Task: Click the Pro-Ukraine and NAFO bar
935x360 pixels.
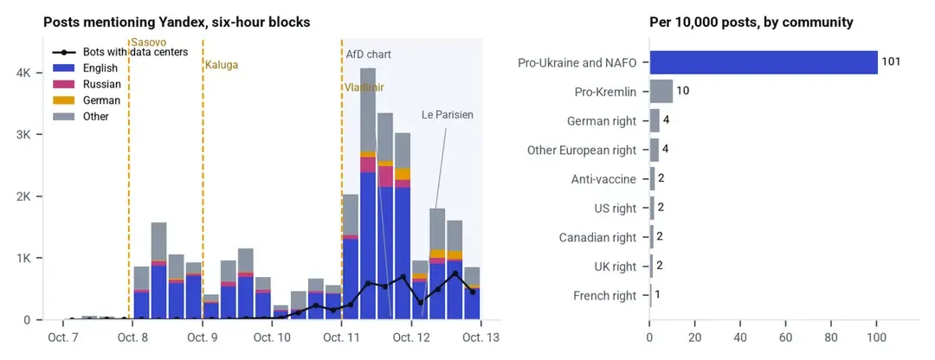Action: point(764,62)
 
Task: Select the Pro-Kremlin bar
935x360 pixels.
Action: point(661,92)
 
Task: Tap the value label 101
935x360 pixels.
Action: point(890,62)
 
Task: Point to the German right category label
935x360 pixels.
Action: point(602,121)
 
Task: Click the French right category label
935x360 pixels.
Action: point(604,296)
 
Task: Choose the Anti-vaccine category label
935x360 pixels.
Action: point(603,179)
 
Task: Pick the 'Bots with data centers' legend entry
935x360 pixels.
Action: point(120,52)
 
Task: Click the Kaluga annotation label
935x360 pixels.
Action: point(222,66)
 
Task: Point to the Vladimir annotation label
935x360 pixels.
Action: point(364,87)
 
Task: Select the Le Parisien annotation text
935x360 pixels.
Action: point(448,114)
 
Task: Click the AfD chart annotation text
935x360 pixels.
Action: point(369,55)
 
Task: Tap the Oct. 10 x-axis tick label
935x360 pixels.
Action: point(272,337)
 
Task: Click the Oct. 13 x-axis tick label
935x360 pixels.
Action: point(480,337)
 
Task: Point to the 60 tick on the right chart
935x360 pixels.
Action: point(785,337)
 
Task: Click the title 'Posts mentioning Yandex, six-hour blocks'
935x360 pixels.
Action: point(177,22)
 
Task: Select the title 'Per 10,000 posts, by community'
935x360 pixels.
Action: point(751,22)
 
